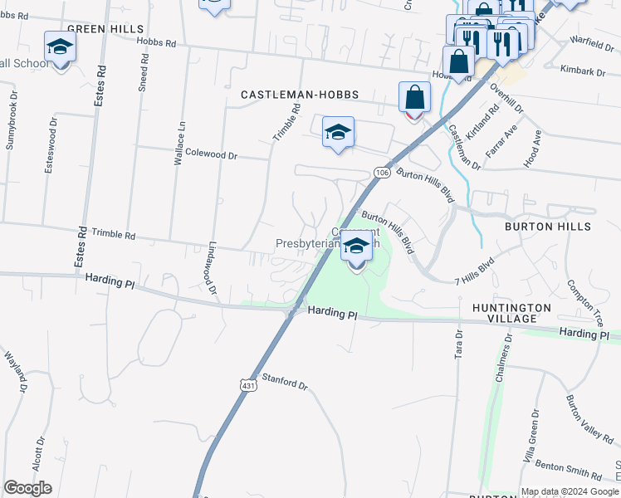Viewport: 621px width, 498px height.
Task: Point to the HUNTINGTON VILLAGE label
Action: click(x=511, y=314)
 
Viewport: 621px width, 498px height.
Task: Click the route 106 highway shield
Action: click(x=381, y=172)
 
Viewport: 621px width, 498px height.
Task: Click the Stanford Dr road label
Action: click(x=285, y=383)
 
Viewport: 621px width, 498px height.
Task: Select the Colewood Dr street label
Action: click(x=212, y=154)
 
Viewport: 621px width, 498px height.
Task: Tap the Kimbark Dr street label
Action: click(x=583, y=71)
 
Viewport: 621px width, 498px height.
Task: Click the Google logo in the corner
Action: click(x=28, y=488)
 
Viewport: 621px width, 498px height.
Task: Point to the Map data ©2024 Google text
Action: click(x=570, y=491)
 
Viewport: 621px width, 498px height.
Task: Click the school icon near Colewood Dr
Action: click(x=338, y=133)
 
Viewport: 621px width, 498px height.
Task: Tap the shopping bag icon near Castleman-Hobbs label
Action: click(x=414, y=98)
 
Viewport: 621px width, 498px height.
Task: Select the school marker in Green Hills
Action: click(x=60, y=51)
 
